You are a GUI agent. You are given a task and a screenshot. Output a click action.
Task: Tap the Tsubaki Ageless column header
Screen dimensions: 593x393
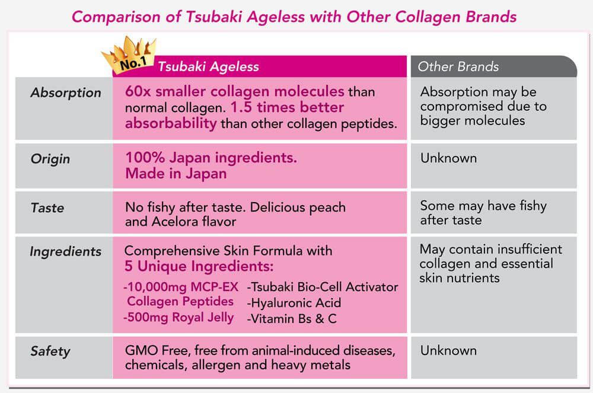point(208,67)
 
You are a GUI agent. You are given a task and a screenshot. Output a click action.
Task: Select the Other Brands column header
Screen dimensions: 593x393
point(458,67)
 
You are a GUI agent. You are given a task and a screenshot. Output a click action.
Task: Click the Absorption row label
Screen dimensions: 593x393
point(66,93)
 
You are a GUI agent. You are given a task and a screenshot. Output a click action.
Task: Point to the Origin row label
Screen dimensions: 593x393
point(50,159)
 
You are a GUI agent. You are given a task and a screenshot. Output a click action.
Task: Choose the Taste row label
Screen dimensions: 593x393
point(47,208)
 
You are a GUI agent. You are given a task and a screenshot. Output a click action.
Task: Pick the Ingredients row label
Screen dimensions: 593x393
point(65,252)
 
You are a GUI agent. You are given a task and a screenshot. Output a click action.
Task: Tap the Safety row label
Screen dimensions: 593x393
point(50,352)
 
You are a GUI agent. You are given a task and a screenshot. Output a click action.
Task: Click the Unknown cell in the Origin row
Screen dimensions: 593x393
point(448,158)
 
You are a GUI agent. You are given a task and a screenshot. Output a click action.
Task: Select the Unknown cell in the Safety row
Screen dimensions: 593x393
point(448,351)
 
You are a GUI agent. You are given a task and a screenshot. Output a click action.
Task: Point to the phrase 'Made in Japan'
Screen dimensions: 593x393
point(176,174)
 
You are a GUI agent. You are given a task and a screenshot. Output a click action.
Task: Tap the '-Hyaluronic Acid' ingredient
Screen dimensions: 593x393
point(294,303)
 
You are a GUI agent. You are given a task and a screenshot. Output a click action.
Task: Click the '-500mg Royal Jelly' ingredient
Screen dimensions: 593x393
point(178,318)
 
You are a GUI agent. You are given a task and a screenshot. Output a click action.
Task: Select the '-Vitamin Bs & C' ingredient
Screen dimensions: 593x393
point(292,318)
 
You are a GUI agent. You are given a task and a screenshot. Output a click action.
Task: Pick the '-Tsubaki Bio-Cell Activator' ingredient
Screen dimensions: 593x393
point(322,287)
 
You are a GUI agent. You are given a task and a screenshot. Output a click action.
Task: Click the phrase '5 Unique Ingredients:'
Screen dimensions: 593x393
point(199,266)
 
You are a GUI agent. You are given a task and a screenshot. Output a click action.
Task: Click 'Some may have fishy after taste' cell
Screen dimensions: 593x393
point(483,213)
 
